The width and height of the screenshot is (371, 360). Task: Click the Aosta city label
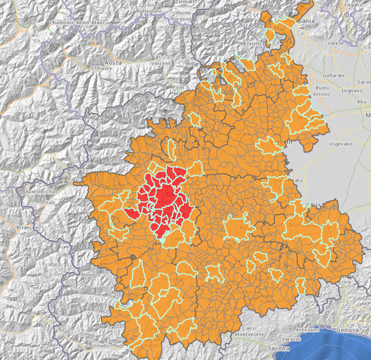tap(111, 64)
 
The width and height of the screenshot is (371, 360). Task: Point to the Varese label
tap(335, 44)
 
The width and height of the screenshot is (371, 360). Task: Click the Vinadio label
tap(100, 344)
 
